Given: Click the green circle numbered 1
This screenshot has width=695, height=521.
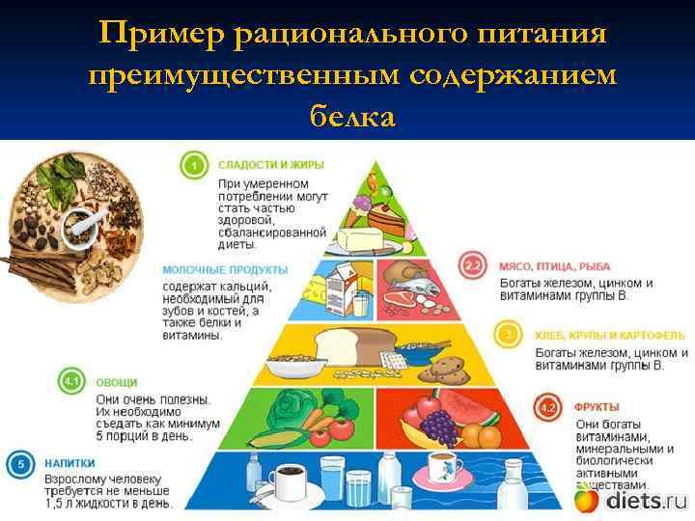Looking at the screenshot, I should pyautogui.click(x=194, y=166).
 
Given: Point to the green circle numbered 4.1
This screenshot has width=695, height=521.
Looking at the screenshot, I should pyautogui.click(x=70, y=381).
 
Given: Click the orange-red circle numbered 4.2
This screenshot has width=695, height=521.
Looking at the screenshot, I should pyautogui.click(x=548, y=408).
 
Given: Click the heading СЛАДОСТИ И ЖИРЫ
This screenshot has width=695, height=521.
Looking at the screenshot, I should pyautogui.click(x=270, y=165).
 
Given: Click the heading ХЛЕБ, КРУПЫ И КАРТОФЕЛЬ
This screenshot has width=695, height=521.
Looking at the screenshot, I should pyautogui.click(x=609, y=336).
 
